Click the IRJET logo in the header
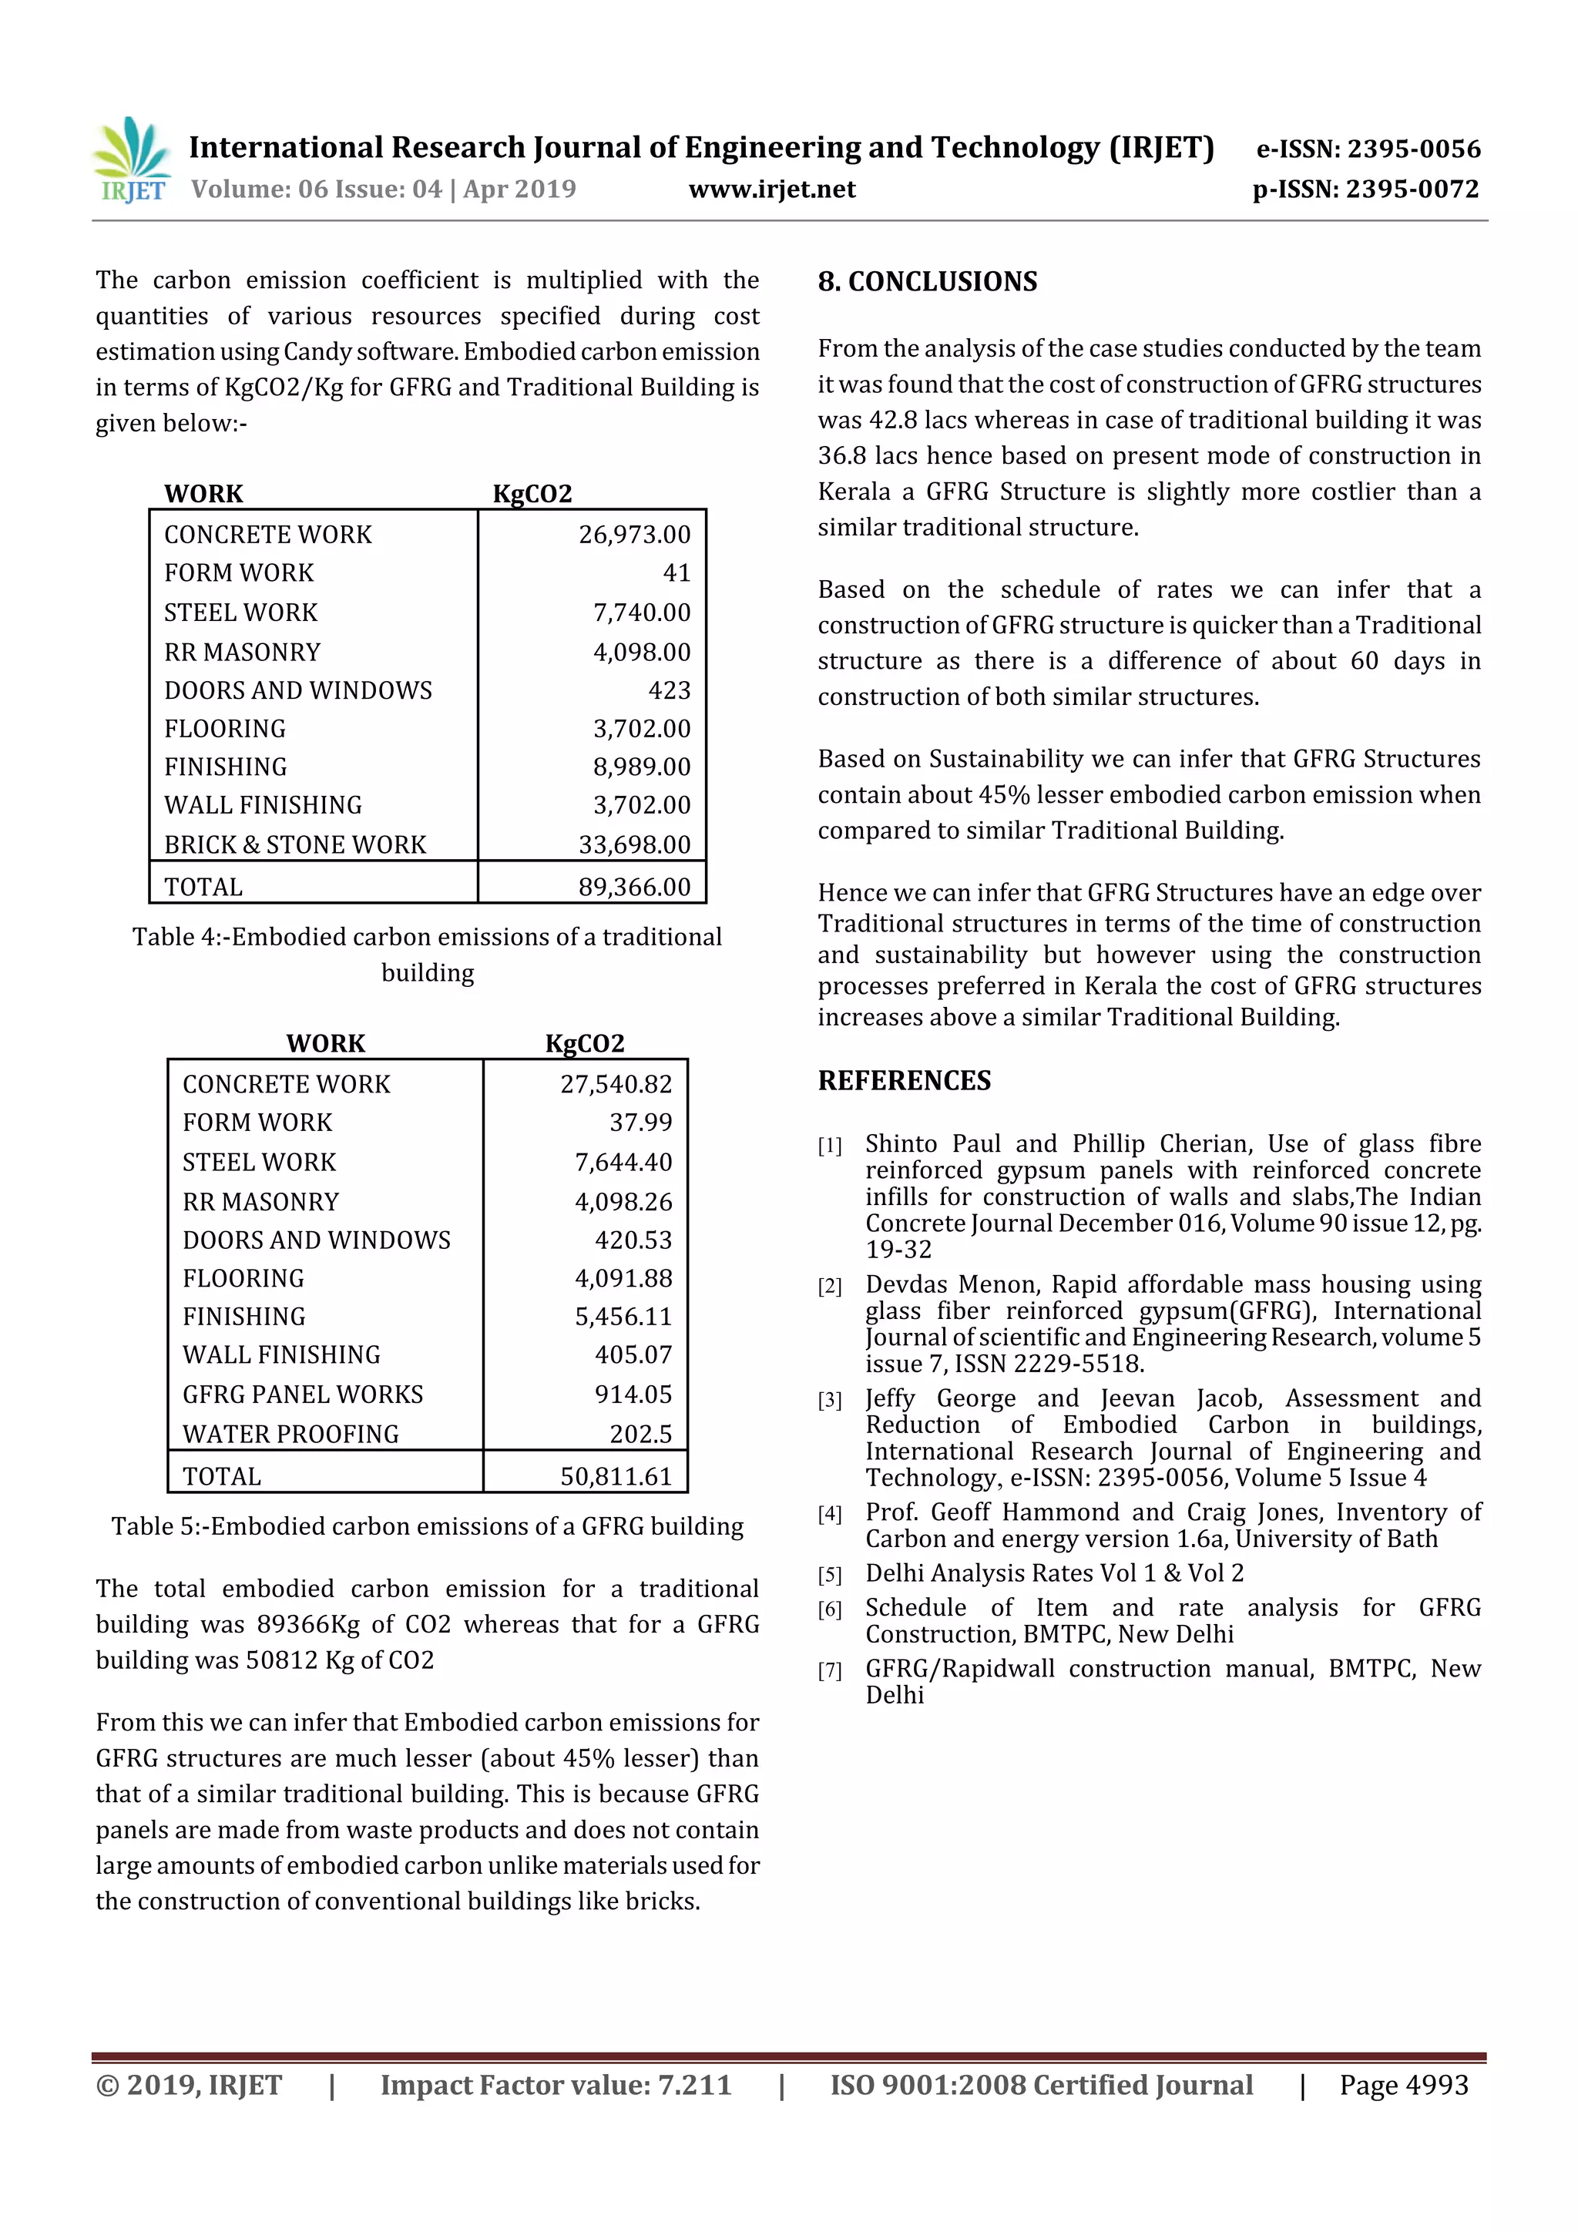pos(131,160)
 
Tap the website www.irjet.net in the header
pos(772,190)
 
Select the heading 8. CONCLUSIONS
pos(928,282)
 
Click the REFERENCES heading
pos(905,1081)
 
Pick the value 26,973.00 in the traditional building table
pos(634,535)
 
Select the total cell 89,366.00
pos(634,887)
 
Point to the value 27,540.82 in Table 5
pos(616,1084)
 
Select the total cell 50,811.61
pos(616,1477)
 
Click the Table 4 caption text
pos(427,954)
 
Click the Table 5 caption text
pos(427,1526)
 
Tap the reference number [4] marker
pos(829,1514)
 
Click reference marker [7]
pos(829,1670)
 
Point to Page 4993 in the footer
pos(1403,2085)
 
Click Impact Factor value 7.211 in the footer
pos(556,2085)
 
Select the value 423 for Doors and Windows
pos(669,690)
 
